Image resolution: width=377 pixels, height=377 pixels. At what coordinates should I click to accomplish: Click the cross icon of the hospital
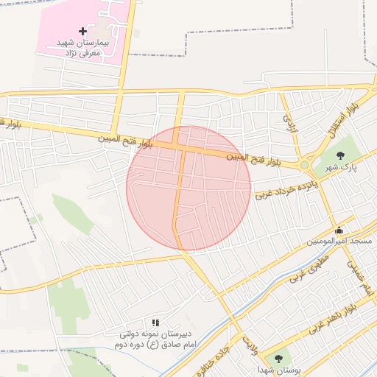point(82,31)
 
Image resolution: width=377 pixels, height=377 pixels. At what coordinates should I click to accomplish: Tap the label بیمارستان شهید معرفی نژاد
point(82,49)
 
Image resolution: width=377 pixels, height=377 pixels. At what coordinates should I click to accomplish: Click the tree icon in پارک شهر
point(340,155)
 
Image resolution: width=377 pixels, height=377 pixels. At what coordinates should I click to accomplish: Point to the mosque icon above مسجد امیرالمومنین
point(339,229)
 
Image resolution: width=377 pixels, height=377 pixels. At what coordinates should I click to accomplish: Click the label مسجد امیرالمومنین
point(339,242)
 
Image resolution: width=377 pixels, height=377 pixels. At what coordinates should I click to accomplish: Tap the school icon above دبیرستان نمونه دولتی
point(155,323)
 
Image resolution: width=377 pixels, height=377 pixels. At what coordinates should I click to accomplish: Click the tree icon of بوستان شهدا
point(278,358)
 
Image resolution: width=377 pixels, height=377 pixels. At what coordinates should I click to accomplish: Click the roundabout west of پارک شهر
point(305,165)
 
